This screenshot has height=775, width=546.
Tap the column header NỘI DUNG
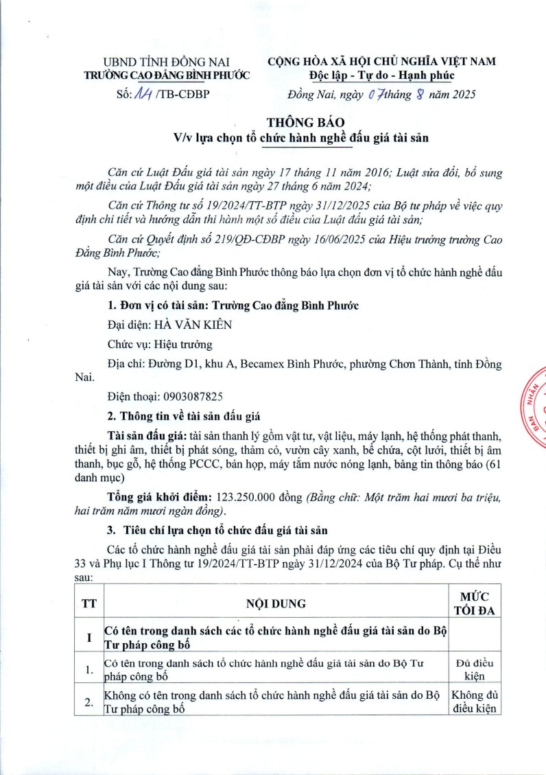[276, 603]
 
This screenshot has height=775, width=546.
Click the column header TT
[88, 603]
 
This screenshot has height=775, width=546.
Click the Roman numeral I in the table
[88, 637]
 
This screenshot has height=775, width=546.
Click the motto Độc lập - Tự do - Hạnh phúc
[381, 75]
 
